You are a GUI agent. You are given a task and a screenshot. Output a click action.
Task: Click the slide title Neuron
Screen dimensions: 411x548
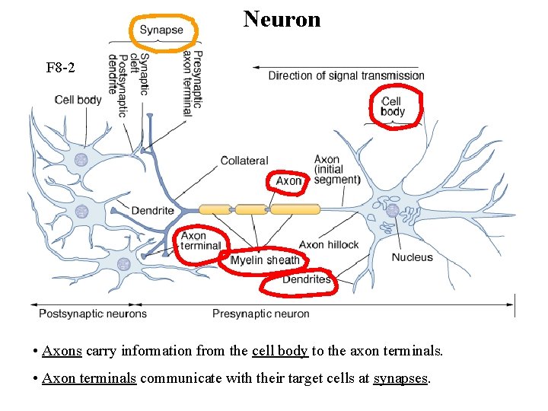click(x=282, y=18)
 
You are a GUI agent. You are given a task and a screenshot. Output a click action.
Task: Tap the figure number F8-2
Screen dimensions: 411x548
click(x=60, y=68)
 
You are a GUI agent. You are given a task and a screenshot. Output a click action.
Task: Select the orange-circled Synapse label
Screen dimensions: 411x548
click(x=161, y=30)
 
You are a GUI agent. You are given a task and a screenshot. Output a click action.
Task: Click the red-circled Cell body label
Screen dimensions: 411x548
click(x=393, y=107)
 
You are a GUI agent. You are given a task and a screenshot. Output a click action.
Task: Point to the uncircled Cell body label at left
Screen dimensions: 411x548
click(x=78, y=100)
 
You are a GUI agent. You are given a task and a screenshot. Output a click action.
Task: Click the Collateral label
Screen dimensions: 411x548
click(x=244, y=161)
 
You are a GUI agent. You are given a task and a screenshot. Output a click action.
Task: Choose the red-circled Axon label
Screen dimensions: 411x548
click(x=288, y=181)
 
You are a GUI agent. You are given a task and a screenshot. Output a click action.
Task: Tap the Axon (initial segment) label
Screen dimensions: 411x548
click(x=336, y=170)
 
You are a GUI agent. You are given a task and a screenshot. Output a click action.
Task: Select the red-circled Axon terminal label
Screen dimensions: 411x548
click(x=200, y=241)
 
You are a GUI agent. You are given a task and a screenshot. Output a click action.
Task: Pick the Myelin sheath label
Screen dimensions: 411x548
click(x=265, y=260)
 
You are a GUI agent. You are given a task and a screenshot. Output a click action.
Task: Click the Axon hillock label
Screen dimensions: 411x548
click(x=328, y=244)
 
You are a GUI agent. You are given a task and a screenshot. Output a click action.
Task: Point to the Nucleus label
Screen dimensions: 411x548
click(x=412, y=257)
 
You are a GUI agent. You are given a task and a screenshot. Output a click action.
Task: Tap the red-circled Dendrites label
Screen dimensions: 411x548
click(x=306, y=279)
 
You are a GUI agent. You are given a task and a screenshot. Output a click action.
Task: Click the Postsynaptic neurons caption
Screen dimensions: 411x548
click(x=92, y=314)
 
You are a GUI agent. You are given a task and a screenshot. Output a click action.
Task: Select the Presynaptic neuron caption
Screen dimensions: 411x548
click(x=260, y=314)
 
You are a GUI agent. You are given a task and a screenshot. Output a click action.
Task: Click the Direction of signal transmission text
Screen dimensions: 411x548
click(x=346, y=75)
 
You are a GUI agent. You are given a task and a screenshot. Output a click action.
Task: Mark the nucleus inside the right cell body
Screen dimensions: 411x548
click(x=392, y=210)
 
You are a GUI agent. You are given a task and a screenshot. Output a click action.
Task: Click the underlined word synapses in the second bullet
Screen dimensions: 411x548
click(x=401, y=378)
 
